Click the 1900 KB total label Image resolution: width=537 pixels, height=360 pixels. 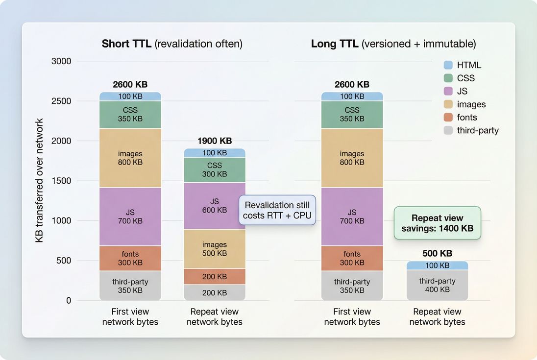tap(214, 141)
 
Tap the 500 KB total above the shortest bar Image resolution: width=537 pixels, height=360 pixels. tap(437, 254)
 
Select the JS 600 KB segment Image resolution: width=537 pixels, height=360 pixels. tap(214, 206)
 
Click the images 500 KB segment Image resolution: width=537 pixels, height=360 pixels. tap(214, 249)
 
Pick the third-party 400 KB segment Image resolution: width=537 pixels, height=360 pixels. tap(437, 285)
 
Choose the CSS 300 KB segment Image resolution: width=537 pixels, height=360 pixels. tap(214, 169)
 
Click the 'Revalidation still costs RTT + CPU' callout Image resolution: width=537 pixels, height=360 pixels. tap(277, 210)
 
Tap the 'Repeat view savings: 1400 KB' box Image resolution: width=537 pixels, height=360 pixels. tap(437, 223)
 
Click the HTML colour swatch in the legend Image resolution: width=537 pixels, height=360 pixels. tap(448, 65)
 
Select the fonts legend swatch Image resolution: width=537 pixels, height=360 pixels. tap(448, 118)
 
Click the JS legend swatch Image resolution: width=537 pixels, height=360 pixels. tap(448, 91)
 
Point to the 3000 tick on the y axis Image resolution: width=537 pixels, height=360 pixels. tap(61, 61)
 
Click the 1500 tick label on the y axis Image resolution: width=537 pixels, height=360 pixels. tap(61, 181)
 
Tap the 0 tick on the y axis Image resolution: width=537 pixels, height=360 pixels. tap(68, 300)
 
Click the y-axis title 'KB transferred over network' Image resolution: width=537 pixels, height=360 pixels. tap(40, 181)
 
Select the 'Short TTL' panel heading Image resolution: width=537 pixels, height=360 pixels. tap(172, 44)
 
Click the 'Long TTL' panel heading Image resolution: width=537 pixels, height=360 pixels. tap(393, 44)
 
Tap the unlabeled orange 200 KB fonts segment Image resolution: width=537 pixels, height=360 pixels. tap(214, 277)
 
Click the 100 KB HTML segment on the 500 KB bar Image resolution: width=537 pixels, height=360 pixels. tap(437, 265)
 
